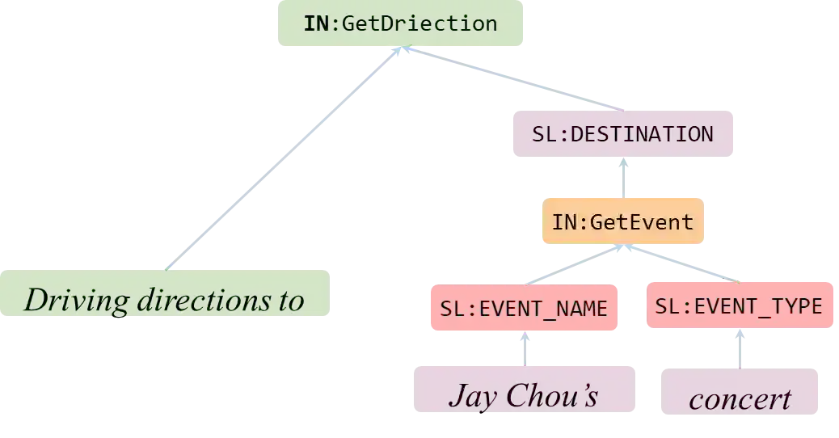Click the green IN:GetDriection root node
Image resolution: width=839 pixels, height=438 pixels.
[401, 24]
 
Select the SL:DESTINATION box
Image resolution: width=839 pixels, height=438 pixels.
[622, 133]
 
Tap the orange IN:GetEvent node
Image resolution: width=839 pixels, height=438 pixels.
[622, 221]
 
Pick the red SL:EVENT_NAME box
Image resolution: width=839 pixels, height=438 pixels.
[524, 307]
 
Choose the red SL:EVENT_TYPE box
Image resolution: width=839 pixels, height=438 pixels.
[739, 305]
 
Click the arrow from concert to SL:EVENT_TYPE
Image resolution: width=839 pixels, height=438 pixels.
[739, 348]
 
